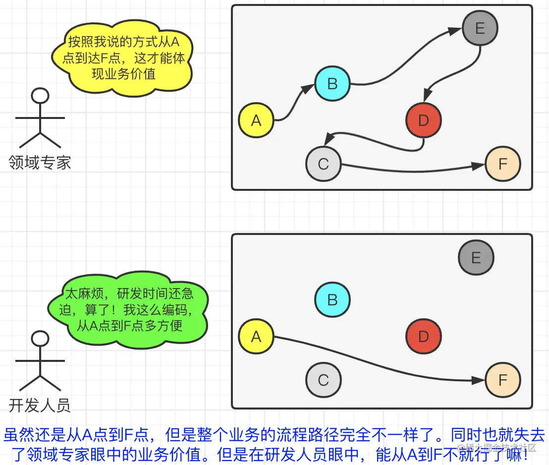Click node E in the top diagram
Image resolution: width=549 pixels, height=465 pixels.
[x=480, y=28]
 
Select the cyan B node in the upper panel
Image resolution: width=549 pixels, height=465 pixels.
[x=332, y=84]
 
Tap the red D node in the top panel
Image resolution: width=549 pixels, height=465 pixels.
[x=423, y=120]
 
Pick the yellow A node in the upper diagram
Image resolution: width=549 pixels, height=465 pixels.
[x=256, y=120]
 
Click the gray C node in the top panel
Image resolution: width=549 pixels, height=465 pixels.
[x=324, y=164]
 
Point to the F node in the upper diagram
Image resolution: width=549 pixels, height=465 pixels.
[x=503, y=164]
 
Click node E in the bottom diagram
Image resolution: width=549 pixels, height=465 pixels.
[x=476, y=258]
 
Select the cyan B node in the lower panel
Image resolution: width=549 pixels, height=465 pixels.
[x=332, y=300]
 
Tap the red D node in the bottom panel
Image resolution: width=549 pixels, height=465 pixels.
[x=423, y=337]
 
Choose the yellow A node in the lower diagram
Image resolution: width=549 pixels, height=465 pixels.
[x=256, y=337]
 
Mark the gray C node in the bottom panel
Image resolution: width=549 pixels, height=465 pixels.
[x=324, y=380]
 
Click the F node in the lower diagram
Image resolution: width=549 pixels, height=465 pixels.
[x=503, y=380]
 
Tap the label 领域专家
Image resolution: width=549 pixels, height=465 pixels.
[x=40, y=163]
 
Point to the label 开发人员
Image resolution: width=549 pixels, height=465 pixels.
[x=40, y=405]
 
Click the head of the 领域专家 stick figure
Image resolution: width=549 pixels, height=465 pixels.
[x=40, y=96]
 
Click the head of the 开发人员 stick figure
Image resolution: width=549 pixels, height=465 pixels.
[x=40, y=339]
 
